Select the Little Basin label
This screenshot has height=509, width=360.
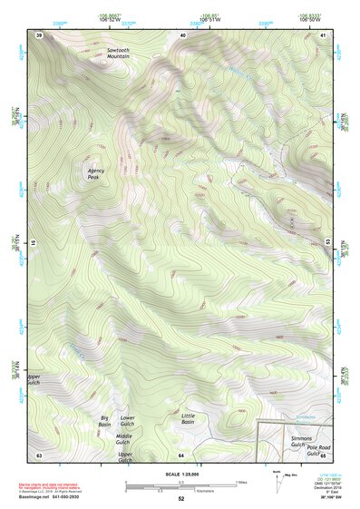(x=189, y=418)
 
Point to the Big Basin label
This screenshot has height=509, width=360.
(x=105, y=421)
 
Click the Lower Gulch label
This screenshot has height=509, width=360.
(x=127, y=421)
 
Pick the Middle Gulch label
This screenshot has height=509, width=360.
(x=123, y=439)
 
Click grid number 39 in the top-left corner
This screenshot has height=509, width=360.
(x=39, y=34)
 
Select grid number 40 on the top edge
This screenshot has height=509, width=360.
(x=182, y=34)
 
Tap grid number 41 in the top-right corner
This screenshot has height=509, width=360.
(x=324, y=34)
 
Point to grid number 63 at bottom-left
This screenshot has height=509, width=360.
(x=39, y=454)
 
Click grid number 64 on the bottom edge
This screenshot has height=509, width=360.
(x=181, y=454)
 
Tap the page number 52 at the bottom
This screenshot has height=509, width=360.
(x=180, y=499)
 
